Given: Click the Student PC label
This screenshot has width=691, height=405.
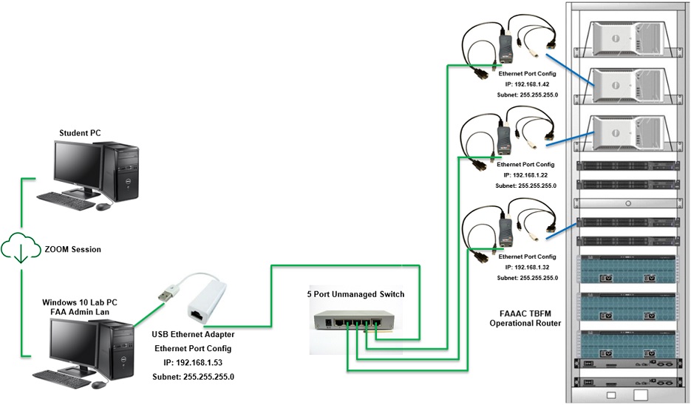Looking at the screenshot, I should pos(80,133).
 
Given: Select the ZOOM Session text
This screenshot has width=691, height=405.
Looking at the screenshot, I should pos(73,250).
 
